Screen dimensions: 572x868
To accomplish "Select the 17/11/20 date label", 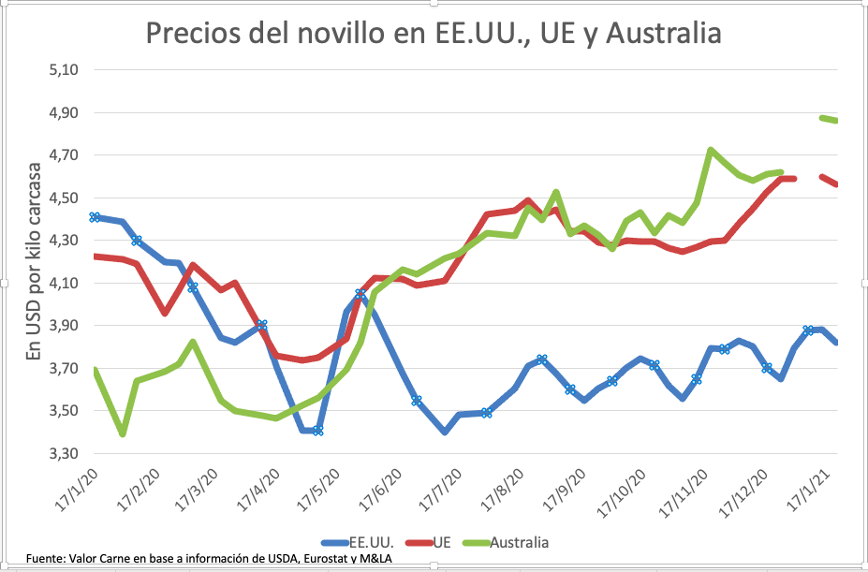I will click(x=706, y=491).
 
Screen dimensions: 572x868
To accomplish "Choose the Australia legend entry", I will click(x=513, y=541).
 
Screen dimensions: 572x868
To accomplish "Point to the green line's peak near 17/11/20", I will click(x=711, y=150).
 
